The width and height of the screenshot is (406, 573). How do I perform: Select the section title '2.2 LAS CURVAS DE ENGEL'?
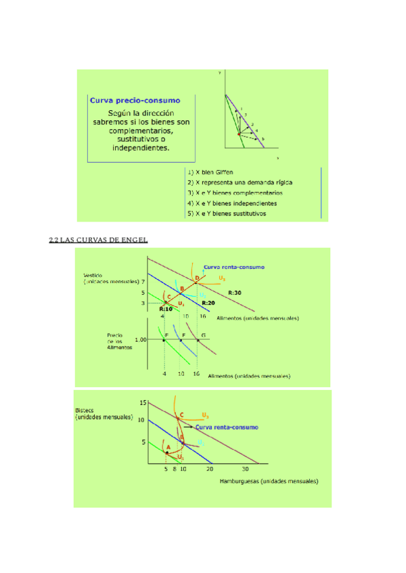click(x=99, y=239)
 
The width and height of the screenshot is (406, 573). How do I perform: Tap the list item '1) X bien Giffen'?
click(x=210, y=172)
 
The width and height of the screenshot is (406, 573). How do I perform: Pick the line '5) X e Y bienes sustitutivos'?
click(x=227, y=214)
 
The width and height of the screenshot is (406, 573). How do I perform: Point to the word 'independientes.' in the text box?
click(x=141, y=148)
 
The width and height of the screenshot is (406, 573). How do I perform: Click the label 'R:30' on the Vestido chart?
click(x=235, y=292)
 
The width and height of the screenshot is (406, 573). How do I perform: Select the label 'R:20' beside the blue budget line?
click(x=208, y=303)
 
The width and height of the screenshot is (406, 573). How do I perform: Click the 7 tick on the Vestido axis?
click(x=143, y=281)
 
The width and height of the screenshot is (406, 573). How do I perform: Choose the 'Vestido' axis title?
click(x=93, y=276)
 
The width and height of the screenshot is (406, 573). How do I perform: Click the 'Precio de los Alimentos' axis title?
click(x=120, y=345)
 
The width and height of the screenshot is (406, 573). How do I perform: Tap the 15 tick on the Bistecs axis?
click(x=143, y=403)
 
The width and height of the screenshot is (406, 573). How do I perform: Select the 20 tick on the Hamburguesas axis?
click(x=210, y=470)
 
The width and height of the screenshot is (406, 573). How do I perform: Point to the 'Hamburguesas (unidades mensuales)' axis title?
click(x=269, y=482)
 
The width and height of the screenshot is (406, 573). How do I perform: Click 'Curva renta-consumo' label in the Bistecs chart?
click(x=226, y=427)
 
